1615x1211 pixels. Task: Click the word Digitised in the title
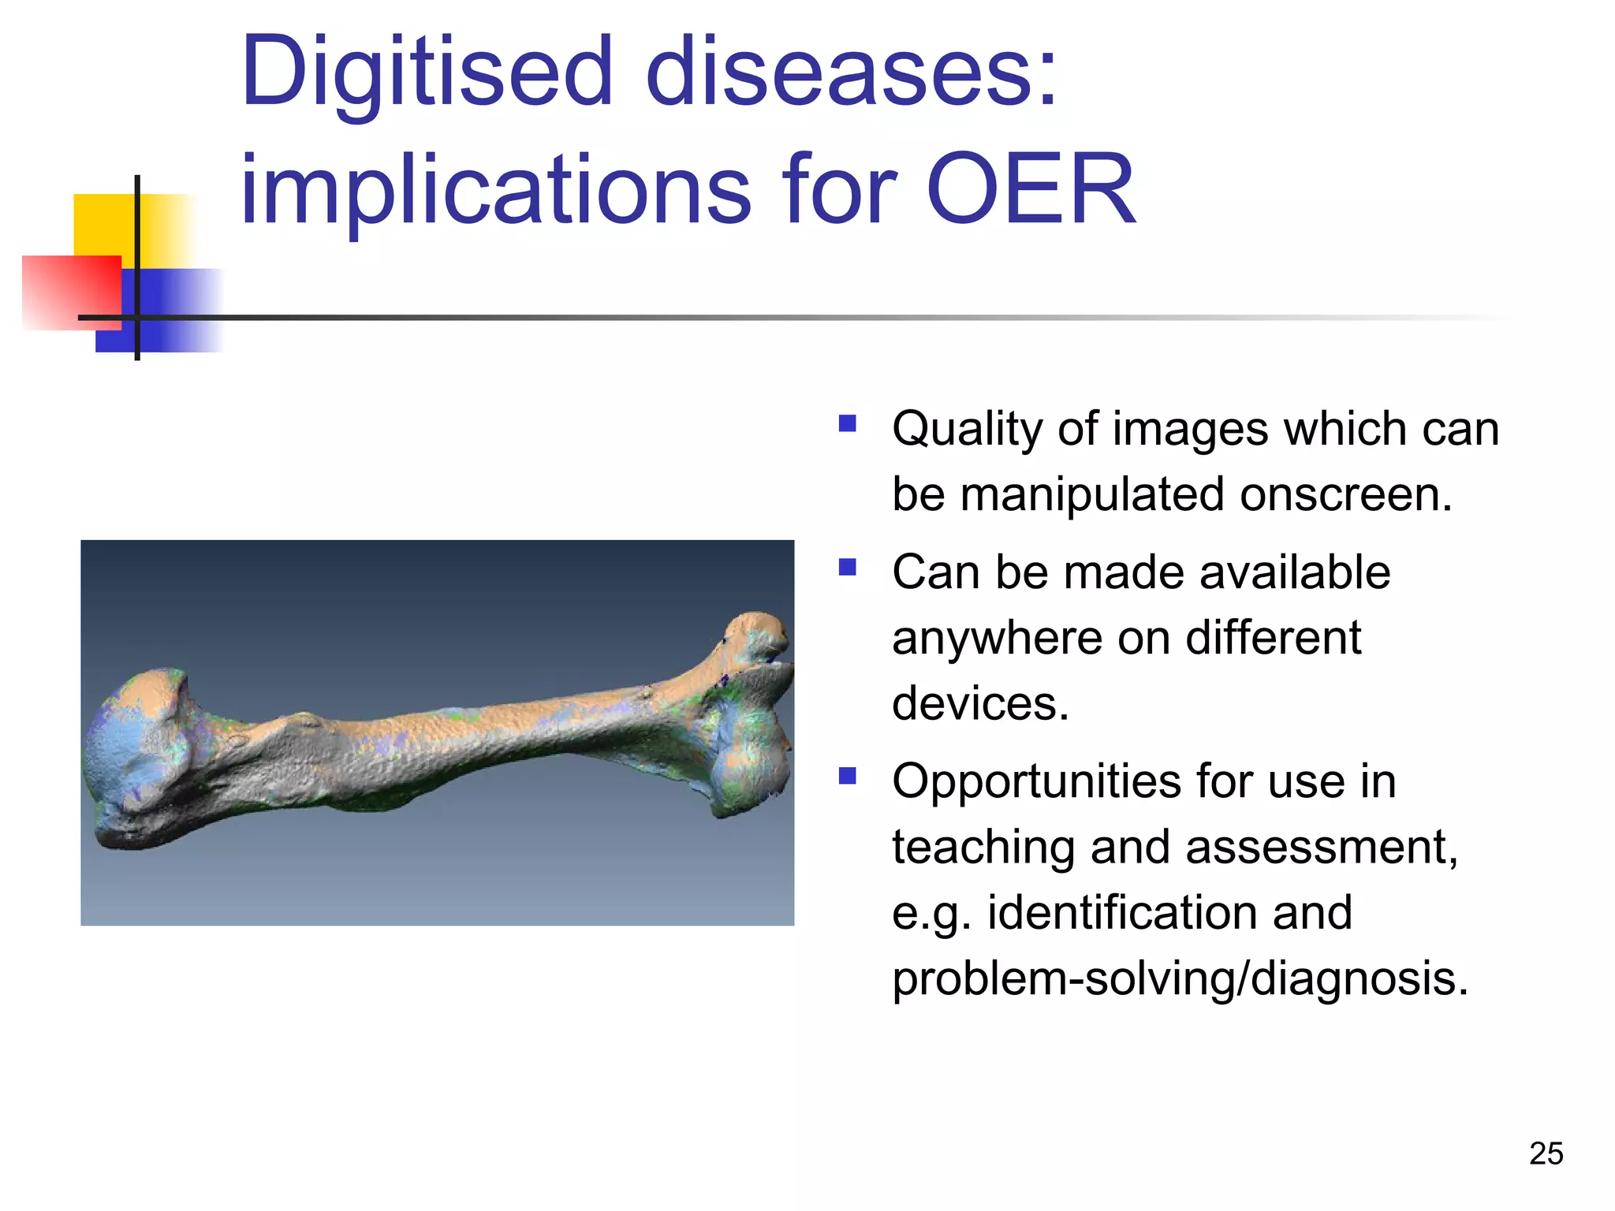tap(426, 73)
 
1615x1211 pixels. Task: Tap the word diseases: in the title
tap(852, 73)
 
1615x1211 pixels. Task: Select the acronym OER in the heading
tap(1031, 189)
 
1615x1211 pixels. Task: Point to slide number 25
tap(1546, 1153)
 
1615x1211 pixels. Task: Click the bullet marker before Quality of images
tap(848, 424)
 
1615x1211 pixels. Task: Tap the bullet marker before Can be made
tap(848, 568)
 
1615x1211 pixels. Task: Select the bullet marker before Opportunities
tap(848, 777)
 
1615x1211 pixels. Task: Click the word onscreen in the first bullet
tap(1345, 495)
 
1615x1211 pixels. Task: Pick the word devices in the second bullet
tap(979, 703)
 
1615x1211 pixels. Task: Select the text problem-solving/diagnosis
tap(1180, 979)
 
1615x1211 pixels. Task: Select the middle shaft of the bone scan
tap(442, 741)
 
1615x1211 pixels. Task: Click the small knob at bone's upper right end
tap(757, 635)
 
